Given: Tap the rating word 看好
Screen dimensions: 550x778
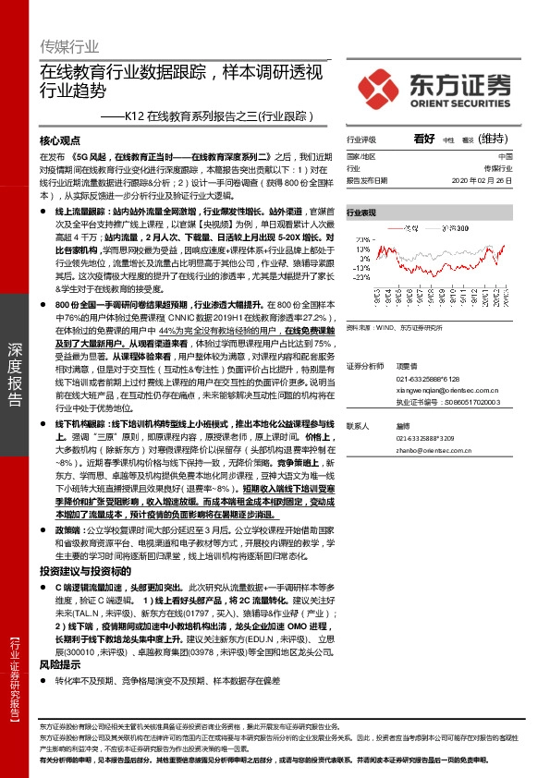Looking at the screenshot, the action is tap(424, 139).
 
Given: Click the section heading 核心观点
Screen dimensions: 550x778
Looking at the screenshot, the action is tap(62, 141).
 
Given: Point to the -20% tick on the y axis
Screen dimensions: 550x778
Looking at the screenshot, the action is tap(361, 275).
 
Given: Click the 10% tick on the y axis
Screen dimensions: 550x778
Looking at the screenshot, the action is tap(363, 249).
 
